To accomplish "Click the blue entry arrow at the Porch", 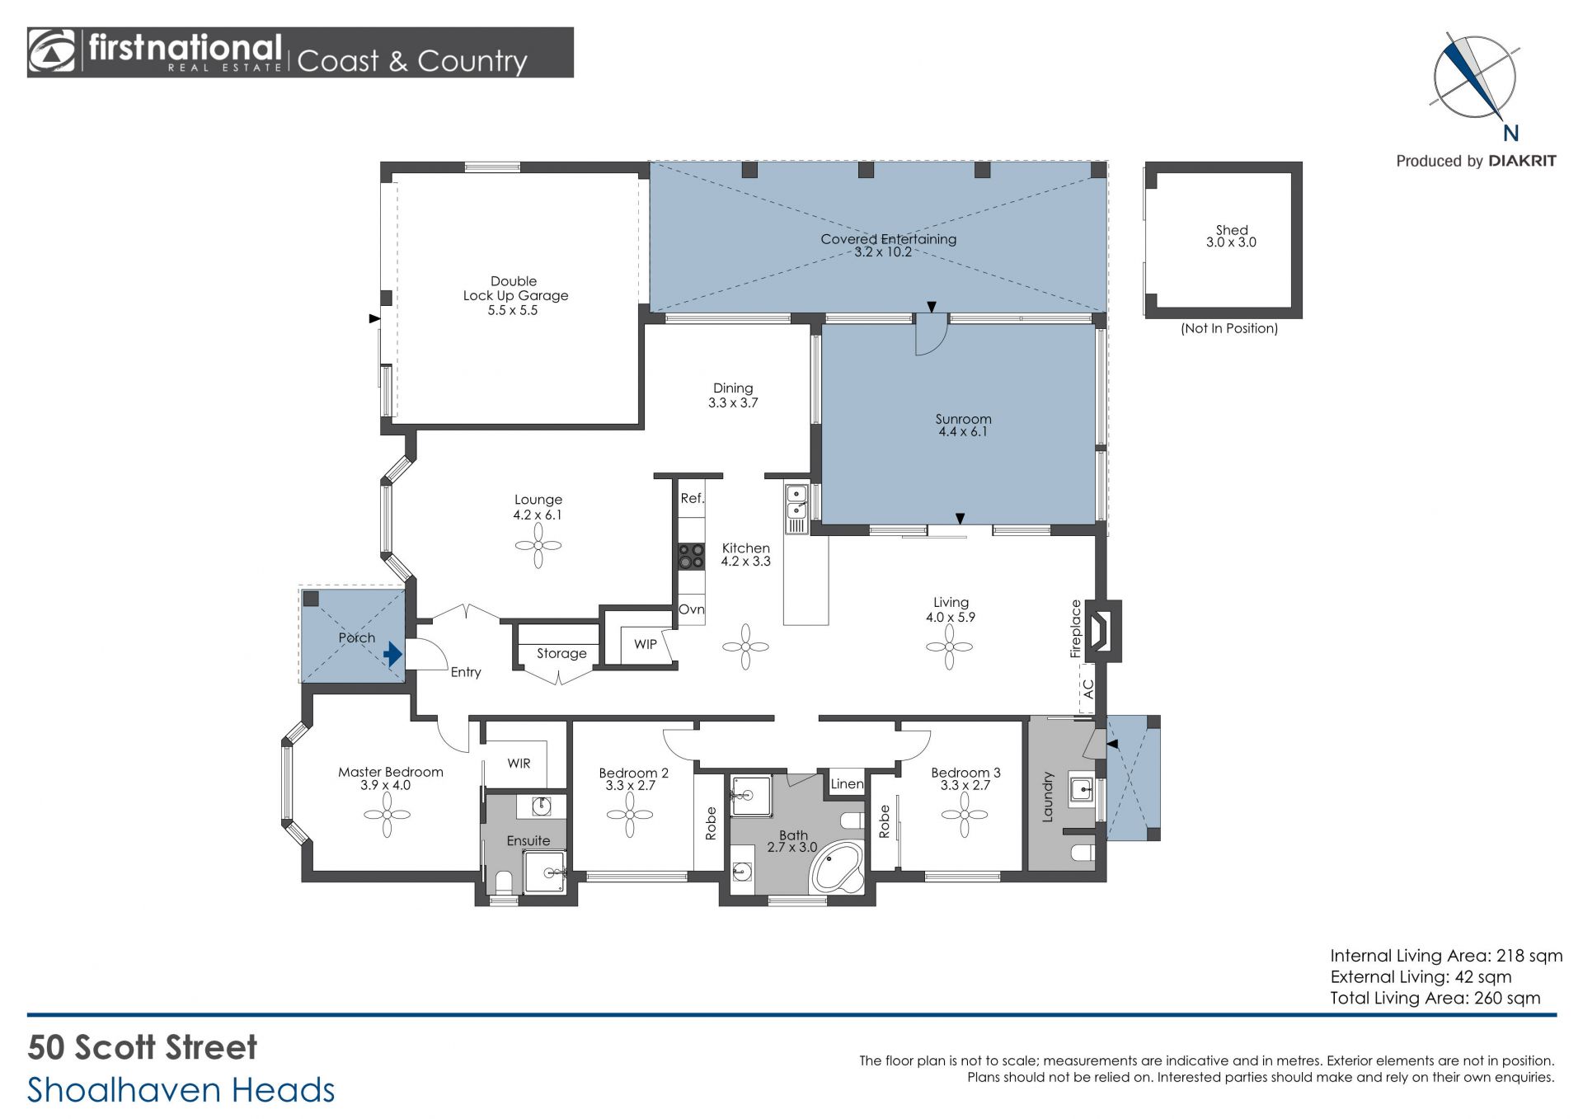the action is coord(392,655).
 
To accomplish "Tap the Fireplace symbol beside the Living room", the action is coord(1102,631).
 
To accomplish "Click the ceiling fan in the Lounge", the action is coord(538,545).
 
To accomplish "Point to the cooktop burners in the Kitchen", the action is coord(691,557).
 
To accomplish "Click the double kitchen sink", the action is coord(796,502).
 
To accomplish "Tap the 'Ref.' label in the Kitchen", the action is coord(693,499).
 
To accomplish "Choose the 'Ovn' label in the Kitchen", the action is coord(692,609).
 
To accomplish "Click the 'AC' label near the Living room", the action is coord(1087,689).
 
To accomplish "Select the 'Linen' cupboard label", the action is coord(847,783).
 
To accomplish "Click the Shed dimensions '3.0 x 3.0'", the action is coord(1231,242).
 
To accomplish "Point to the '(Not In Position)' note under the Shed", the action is coord(1229,328).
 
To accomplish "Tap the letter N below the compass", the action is coord(1510,134).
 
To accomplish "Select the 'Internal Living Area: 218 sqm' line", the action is coord(1446,956).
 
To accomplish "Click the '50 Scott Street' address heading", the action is coord(143,1047).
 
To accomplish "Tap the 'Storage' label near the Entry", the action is coord(561,654).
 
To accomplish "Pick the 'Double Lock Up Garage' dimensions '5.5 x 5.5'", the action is coord(513,311).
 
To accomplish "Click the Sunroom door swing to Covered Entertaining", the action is coord(932,338).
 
